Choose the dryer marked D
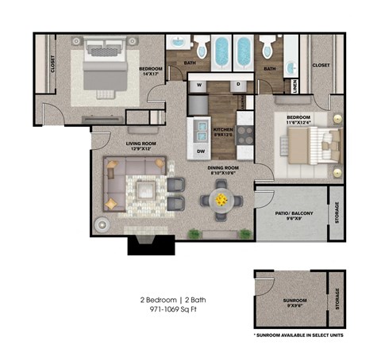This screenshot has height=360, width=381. point(238,85)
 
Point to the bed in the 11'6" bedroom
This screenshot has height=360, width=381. point(314,147)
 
